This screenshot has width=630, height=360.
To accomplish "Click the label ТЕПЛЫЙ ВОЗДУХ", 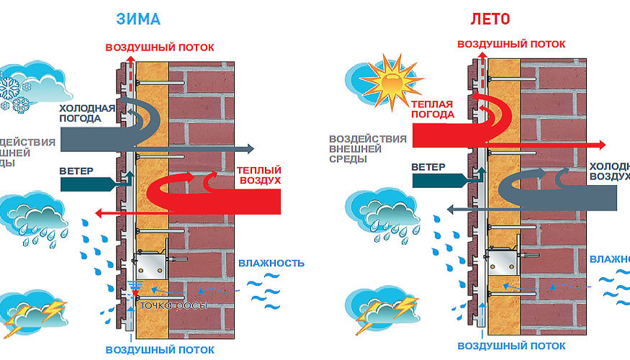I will tap(257, 175).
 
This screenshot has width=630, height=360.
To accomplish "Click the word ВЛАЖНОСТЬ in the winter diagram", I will tap(271, 263).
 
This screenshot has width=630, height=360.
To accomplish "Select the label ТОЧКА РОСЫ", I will tap(174, 306).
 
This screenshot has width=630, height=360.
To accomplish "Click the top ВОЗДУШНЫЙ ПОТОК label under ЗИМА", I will tap(160, 48).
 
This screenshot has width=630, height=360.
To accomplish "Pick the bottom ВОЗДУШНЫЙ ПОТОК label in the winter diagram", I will tap(160, 350).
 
